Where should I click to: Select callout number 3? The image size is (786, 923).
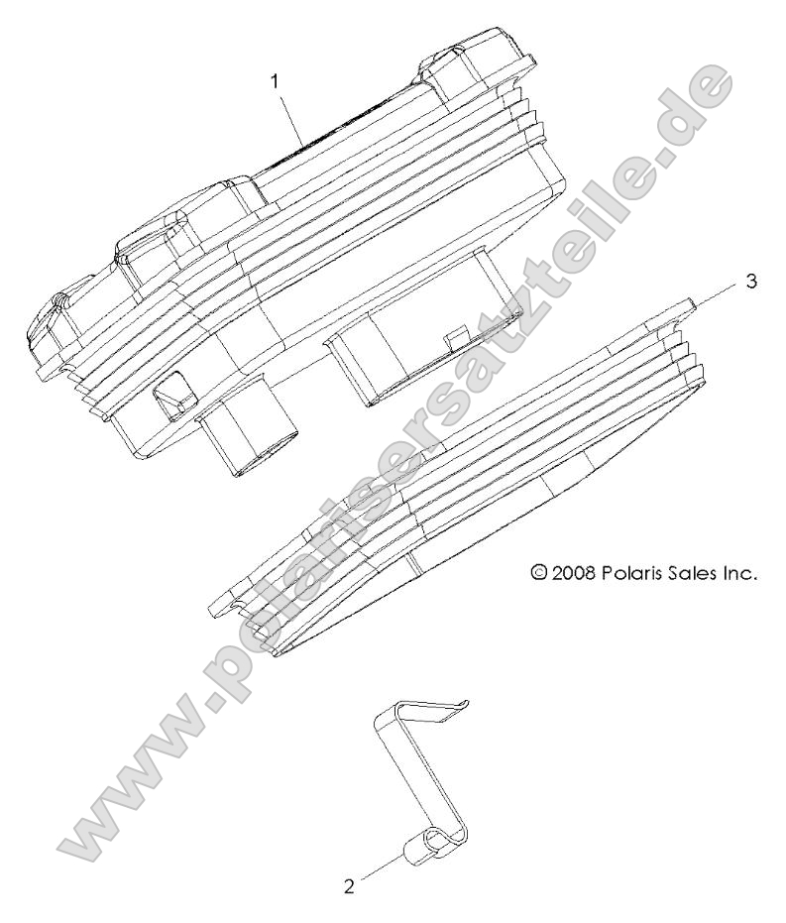[x=751, y=282]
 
